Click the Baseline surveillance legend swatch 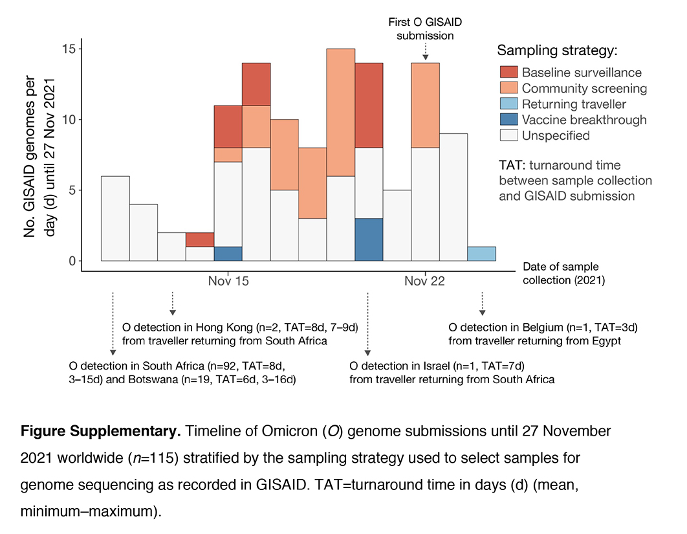click(x=510, y=72)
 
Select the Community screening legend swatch click(x=510, y=88)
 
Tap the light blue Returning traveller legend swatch click(x=510, y=104)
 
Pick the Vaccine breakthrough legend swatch click(x=510, y=120)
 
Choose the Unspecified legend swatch click(x=510, y=135)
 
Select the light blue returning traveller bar click(x=481, y=254)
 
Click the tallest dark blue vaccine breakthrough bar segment click(x=369, y=240)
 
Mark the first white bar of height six click(x=115, y=219)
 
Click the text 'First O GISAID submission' click(x=425, y=29)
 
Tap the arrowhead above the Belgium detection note click(x=482, y=312)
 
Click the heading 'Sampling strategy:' click(x=557, y=50)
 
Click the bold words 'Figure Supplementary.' click(x=84, y=431)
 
